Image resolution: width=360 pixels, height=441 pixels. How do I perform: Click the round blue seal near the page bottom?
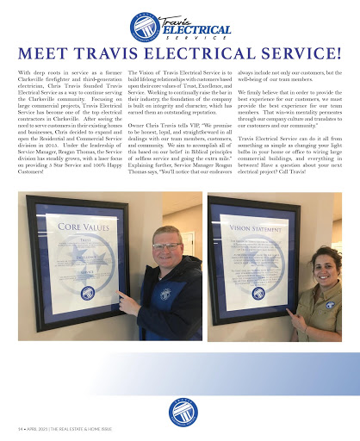point(181,413)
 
